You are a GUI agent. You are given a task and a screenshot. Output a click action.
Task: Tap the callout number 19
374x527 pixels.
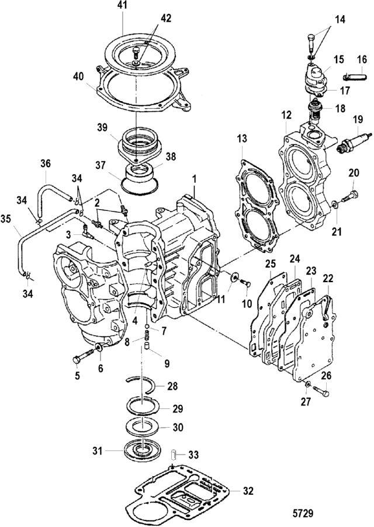pos(358,119)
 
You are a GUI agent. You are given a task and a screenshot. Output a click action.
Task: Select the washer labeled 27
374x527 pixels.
pos(307,384)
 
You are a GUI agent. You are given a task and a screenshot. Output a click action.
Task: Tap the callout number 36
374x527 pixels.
pos(46,164)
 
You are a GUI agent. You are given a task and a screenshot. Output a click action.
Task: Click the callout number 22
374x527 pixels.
pos(328,278)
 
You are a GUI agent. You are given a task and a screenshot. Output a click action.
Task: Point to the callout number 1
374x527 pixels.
pos(194,180)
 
